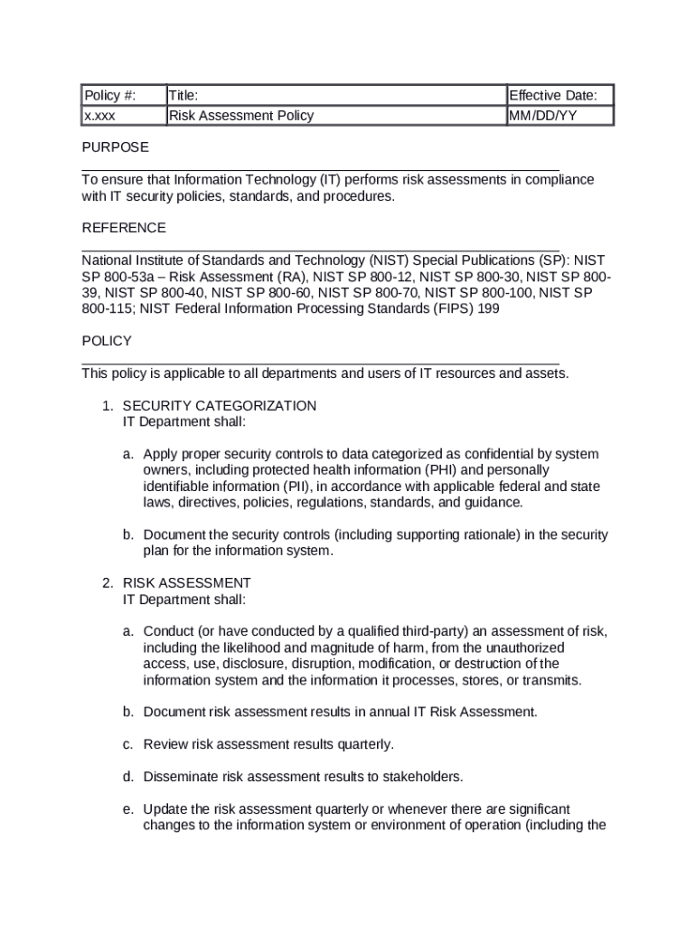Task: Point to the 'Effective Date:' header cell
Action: (560, 96)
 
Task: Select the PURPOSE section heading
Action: (115, 146)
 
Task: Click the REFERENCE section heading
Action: (124, 228)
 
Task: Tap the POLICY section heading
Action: (107, 341)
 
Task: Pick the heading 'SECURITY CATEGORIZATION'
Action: (220, 406)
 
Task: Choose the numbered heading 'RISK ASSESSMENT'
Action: (187, 583)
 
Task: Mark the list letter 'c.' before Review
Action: (129, 744)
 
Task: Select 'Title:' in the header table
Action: (183, 96)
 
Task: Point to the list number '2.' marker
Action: (108, 583)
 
